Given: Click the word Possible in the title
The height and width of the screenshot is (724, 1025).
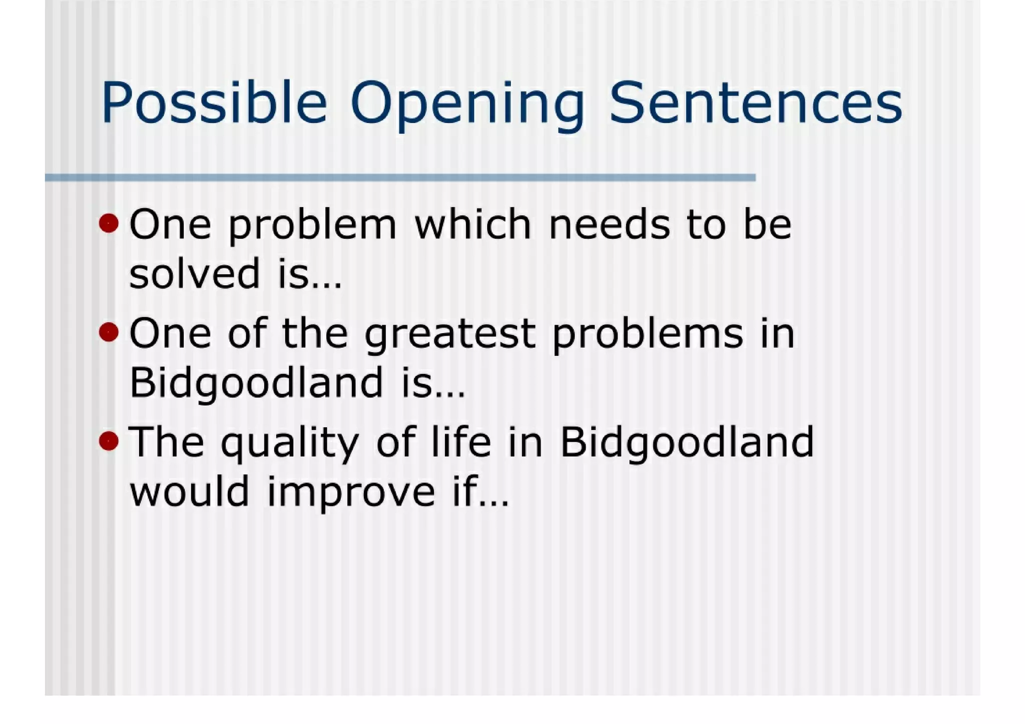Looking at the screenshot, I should pyautogui.click(x=214, y=104).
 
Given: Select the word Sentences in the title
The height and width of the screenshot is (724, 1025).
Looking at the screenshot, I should pyautogui.click(x=756, y=104).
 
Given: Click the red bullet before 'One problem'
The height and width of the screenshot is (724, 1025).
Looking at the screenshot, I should pyautogui.click(x=109, y=223).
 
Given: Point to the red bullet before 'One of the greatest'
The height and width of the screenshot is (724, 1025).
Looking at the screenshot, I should pyautogui.click(x=109, y=332).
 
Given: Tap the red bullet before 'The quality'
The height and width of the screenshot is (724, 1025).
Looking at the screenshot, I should pyautogui.click(x=109, y=441).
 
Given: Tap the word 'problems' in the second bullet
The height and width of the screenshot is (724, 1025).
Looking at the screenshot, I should pyautogui.click(x=648, y=334).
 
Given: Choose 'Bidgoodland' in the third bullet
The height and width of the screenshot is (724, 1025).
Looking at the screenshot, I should pyautogui.click(x=687, y=442).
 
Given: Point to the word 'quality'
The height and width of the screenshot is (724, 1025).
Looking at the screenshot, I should pyautogui.click(x=290, y=443).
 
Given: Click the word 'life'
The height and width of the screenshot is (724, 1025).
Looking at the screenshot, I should pyautogui.click(x=460, y=442).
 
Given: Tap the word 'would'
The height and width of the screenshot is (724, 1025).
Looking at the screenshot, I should pyautogui.click(x=189, y=491).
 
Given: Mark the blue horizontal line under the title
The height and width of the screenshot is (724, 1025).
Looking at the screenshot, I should pyautogui.click(x=400, y=177).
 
